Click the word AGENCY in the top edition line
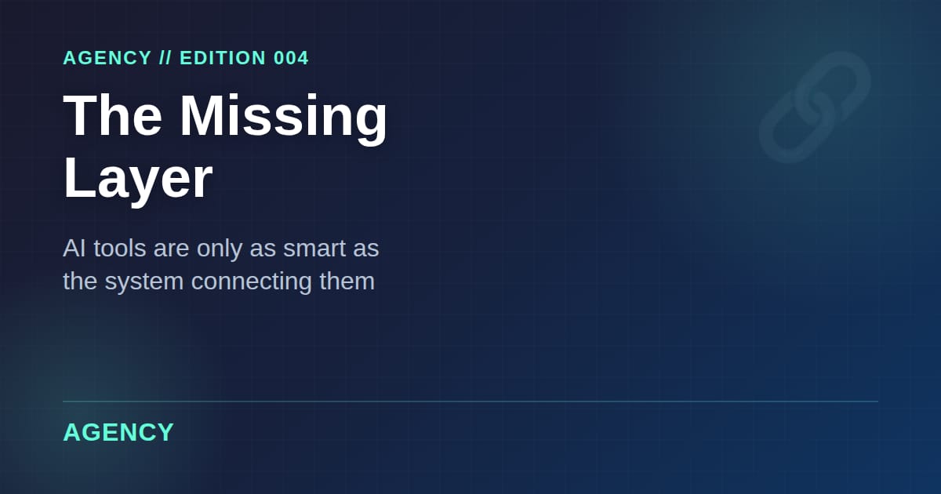click(107, 58)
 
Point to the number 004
click(292, 58)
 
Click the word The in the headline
click(113, 115)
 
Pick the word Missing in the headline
click(284, 115)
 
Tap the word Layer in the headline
click(138, 179)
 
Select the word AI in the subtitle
click(74, 249)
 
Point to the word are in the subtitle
click(172, 249)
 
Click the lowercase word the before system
click(79, 281)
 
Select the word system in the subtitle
click(144, 281)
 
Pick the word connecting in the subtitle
click(252, 281)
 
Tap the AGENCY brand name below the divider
click(118, 432)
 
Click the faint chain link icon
click(815, 107)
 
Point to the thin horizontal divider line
click(470, 401)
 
